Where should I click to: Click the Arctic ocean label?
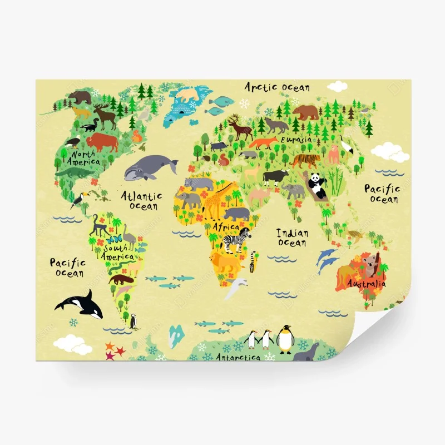coord(278,87)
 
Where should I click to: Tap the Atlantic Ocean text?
coord(142,201)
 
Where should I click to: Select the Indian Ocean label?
coord(292,237)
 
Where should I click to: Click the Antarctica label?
coord(238,357)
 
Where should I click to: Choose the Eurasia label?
coord(296,140)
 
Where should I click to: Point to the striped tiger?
coord(305,161)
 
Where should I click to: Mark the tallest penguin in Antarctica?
coord(285,338)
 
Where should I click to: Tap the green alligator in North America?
coord(72,173)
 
